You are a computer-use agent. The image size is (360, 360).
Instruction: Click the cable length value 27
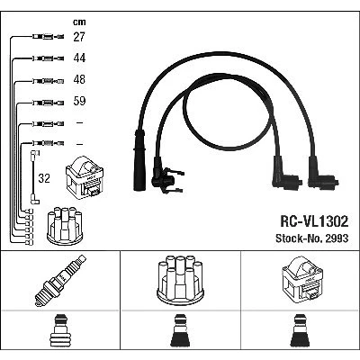pos(79,37)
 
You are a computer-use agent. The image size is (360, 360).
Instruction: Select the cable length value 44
pos(79,58)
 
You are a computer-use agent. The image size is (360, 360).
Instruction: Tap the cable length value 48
pos(79,79)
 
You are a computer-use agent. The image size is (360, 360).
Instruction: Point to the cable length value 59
pos(79,101)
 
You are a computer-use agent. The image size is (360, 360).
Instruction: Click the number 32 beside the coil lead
pos(44,178)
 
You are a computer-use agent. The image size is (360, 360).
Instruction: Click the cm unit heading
pos(79,22)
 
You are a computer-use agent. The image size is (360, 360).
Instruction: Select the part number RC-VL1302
pos(314,221)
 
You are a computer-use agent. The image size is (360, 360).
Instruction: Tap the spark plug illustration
pos(60,280)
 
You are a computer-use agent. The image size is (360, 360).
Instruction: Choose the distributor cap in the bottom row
pos(180,280)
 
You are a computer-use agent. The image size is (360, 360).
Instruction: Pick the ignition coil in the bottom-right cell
pos(302,278)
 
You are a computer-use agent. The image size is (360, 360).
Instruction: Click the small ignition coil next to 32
pos(85,177)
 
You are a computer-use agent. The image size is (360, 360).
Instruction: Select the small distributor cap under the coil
pos(65,226)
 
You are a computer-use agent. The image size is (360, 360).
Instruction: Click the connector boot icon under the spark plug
pos(60,331)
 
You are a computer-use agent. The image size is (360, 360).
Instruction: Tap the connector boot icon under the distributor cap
pos(180,331)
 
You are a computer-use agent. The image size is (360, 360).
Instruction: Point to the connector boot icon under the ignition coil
pos(301,331)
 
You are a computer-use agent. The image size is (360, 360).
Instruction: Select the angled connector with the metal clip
pos(166,177)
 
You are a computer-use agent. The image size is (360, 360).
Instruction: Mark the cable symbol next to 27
pos(48,37)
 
